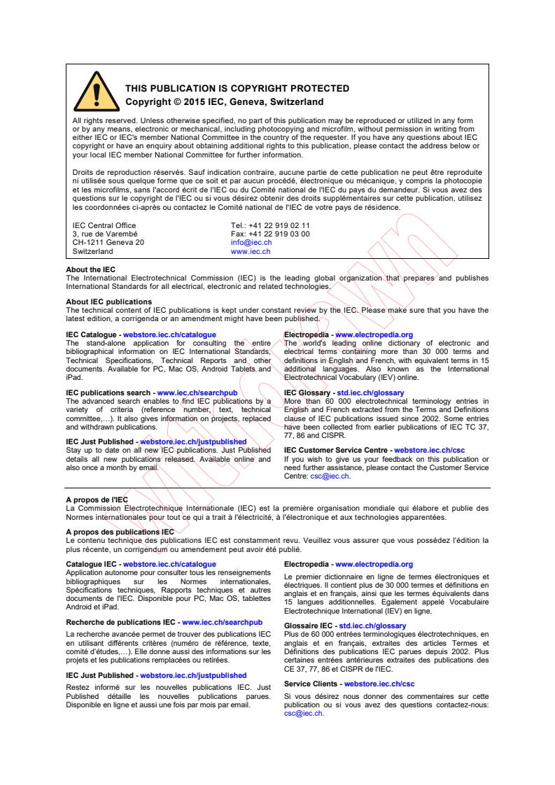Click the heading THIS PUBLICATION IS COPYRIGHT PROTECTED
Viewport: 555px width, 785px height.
(x=237, y=88)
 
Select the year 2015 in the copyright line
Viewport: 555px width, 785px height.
(x=192, y=101)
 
